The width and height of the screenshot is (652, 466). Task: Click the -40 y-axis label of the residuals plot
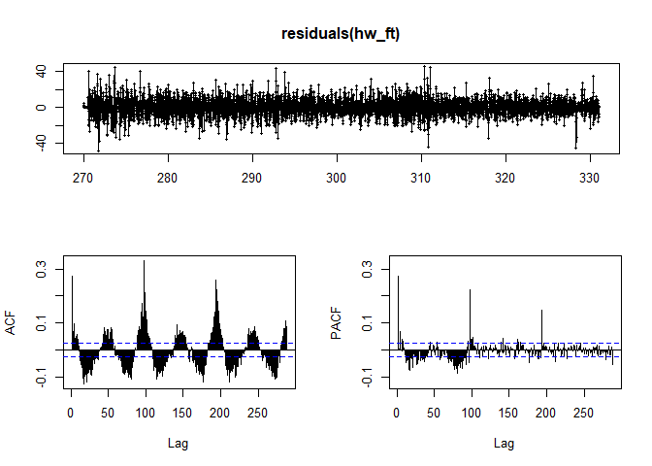pyautogui.click(x=41, y=143)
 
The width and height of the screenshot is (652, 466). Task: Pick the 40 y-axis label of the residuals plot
pyautogui.click(x=41, y=71)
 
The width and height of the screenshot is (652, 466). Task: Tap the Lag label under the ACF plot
pyautogui.click(x=178, y=444)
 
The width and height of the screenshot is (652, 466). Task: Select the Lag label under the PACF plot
pyautogui.click(x=504, y=444)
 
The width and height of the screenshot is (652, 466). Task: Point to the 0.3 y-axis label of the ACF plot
pyautogui.click(x=41, y=274)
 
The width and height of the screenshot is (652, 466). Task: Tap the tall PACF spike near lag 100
pyautogui.click(x=470, y=291)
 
